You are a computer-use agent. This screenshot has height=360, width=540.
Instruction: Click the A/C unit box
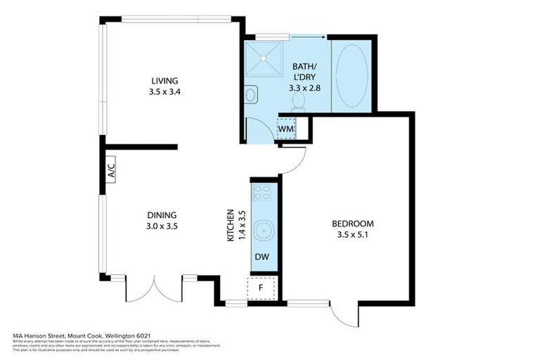point(110,171)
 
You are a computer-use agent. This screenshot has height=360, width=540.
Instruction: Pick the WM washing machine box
point(285,129)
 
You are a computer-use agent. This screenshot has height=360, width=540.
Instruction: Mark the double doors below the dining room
point(155,288)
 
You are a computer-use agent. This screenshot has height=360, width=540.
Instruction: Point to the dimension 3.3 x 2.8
point(304,89)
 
